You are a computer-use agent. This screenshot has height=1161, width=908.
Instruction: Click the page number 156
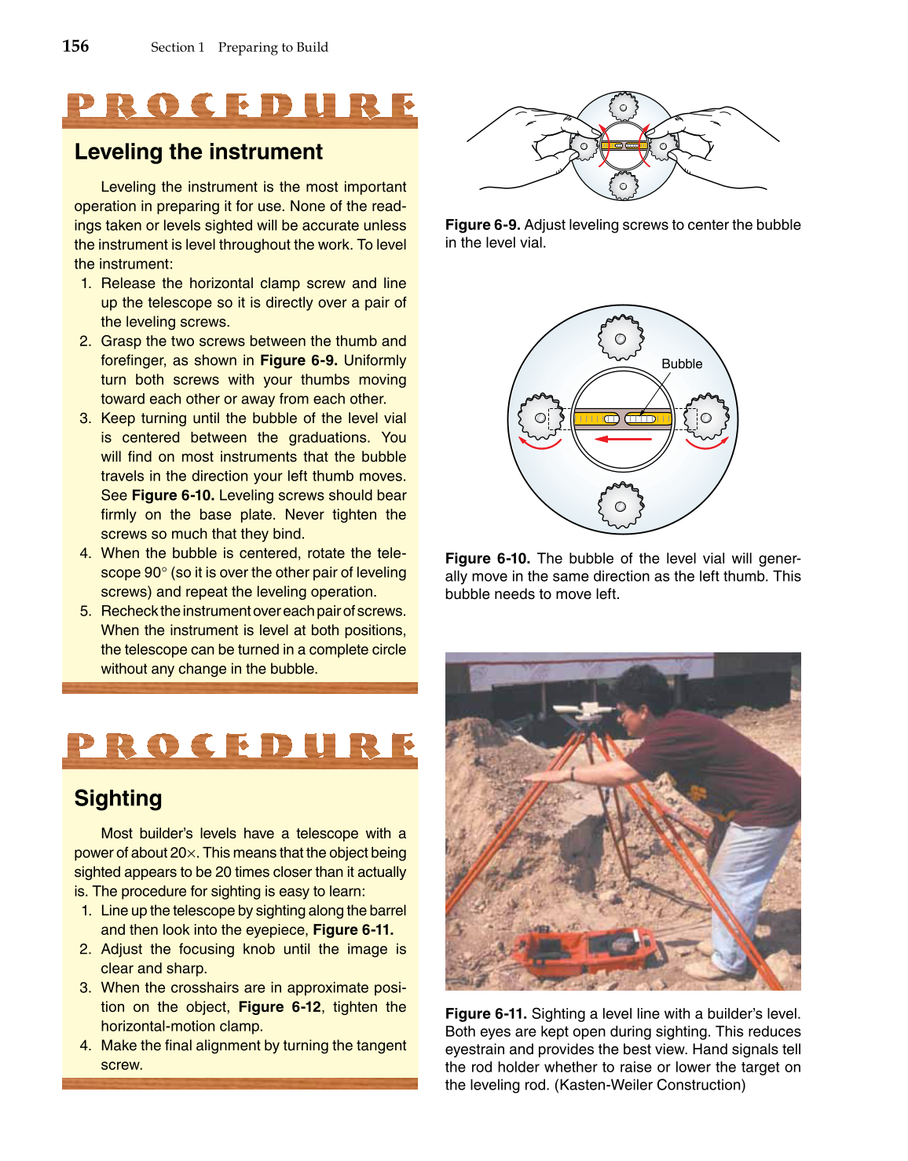pyautogui.click(x=75, y=46)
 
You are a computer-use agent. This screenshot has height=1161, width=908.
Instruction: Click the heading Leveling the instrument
pyautogui.click(x=198, y=152)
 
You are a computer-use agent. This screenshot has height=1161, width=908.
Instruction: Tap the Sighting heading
pyautogui.click(x=118, y=798)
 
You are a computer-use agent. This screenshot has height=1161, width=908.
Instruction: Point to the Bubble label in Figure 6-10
pyautogui.click(x=681, y=363)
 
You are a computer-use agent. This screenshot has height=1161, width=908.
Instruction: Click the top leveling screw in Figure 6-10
pyautogui.click(x=621, y=338)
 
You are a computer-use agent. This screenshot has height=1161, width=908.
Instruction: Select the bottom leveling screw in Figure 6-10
pyautogui.click(x=621, y=506)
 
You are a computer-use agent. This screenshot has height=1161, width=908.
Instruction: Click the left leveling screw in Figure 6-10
pyautogui.click(x=540, y=417)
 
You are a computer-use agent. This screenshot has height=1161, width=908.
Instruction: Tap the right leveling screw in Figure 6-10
pyautogui.click(x=705, y=417)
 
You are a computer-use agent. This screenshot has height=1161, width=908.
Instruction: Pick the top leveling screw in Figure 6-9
pyautogui.click(x=623, y=107)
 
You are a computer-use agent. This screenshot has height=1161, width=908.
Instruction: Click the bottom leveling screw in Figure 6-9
pyautogui.click(x=623, y=185)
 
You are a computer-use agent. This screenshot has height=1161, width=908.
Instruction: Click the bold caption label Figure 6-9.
pyautogui.click(x=482, y=225)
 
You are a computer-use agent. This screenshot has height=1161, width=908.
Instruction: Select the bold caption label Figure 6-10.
pyautogui.click(x=487, y=558)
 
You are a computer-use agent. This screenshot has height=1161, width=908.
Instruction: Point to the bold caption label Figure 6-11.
pyautogui.click(x=485, y=1013)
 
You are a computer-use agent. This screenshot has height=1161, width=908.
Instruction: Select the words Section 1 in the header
pyautogui.click(x=178, y=47)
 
